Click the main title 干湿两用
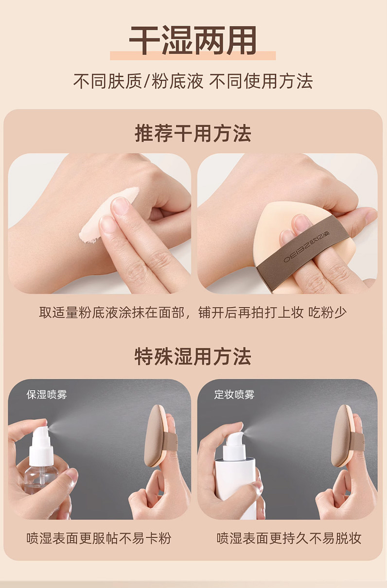[x=193, y=40]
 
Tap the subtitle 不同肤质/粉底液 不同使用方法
[x=193, y=81]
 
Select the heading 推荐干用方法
[x=193, y=133]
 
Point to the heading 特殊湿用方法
[x=193, y=356]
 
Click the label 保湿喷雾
[x=47, y=395]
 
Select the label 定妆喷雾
[x=234, y=395]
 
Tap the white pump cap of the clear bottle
[x=41, y=445]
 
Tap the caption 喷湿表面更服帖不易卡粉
[x=99, y=538]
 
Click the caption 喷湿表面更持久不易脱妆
[x=289, y=538]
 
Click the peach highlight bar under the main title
[x=193, y=55]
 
